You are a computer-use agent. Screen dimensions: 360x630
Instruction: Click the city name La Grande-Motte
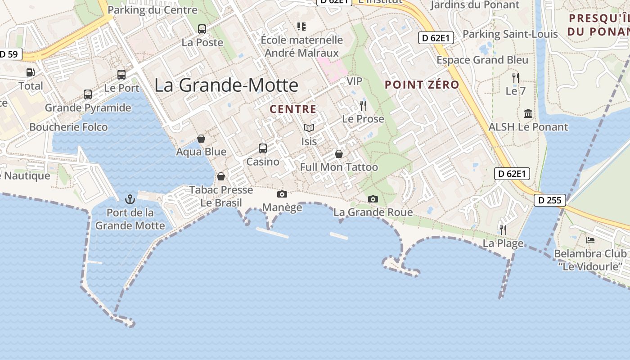pyautogui.click(x=226, y=85)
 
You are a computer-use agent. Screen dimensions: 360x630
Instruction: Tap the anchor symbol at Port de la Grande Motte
pyautogui.click(x=130, y=198)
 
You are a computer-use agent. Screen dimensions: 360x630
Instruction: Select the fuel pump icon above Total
pyautogui.click(x=30, y=72)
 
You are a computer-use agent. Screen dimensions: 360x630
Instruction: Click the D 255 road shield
pyautogui.click(x=550, y=200)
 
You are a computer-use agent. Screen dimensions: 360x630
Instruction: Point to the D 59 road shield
pyautogui.click(x=9, y=54)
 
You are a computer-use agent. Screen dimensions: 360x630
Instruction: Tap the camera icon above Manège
pyautogui.click(x=282, y=194)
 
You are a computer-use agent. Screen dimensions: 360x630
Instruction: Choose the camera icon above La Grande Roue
pyautogui.click(x=373, y=199)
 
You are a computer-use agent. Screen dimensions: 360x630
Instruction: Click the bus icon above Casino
pyautogui.click(x=263, y=148)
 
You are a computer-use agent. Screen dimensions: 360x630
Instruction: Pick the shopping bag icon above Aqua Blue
pyautogui.click(x=201, y=138)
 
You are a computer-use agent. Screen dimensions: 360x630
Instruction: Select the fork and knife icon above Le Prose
pyautogui.click(x=363, y=106)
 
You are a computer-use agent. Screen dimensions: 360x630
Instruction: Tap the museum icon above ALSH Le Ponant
pyautogui.click(x=528, y=113)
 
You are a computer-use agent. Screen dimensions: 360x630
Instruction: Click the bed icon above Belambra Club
pyautogui.click(x=590, y=240)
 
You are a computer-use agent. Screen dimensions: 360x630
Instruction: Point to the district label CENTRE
pyautogui.click(x=293, y=109)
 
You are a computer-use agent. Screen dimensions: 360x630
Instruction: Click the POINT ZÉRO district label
pyautogui.click(x=422, y=85)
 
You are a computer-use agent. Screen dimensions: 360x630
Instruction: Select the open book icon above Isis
pyautogui.click(x=309, y=128)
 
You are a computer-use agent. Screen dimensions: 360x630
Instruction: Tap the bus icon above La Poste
pyautogui.click(x=202, y=29)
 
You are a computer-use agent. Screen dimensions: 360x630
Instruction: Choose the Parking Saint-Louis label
pyautogui.click(x=510, y=34)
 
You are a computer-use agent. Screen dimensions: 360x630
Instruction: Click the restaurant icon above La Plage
pyautogui.click(x=503, y=230)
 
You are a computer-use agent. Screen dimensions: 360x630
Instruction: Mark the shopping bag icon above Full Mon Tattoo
pyautogui.click(x=339, y=154)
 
